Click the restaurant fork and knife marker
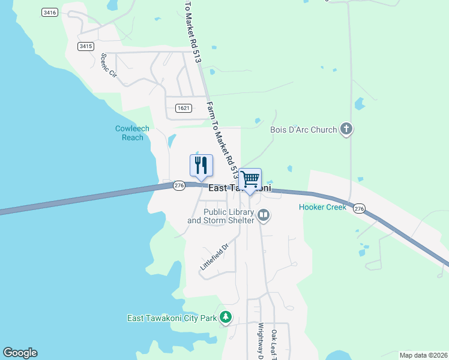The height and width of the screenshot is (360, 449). [200, 166]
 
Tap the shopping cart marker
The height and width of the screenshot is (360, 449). [250, 179]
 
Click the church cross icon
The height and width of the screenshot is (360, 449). [346, 128]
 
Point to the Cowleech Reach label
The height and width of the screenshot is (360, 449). [132, 133]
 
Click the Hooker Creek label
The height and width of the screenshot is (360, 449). [322, 208]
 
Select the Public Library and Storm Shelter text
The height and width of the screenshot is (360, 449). [221, 216]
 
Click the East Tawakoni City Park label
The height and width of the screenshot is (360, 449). [172, 318]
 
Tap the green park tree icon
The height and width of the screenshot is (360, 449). [226, 317]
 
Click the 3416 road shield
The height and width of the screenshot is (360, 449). [50, 12]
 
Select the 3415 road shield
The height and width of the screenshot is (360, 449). [86, 46]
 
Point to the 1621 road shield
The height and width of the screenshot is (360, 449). [184, 108]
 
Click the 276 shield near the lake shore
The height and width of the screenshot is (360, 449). [179, 186]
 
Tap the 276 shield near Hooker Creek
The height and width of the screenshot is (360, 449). [359, 208]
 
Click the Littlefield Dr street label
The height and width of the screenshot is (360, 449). [215, 256]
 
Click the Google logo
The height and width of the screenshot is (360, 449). [20, 353]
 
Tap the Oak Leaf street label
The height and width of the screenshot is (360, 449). [274, 345]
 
